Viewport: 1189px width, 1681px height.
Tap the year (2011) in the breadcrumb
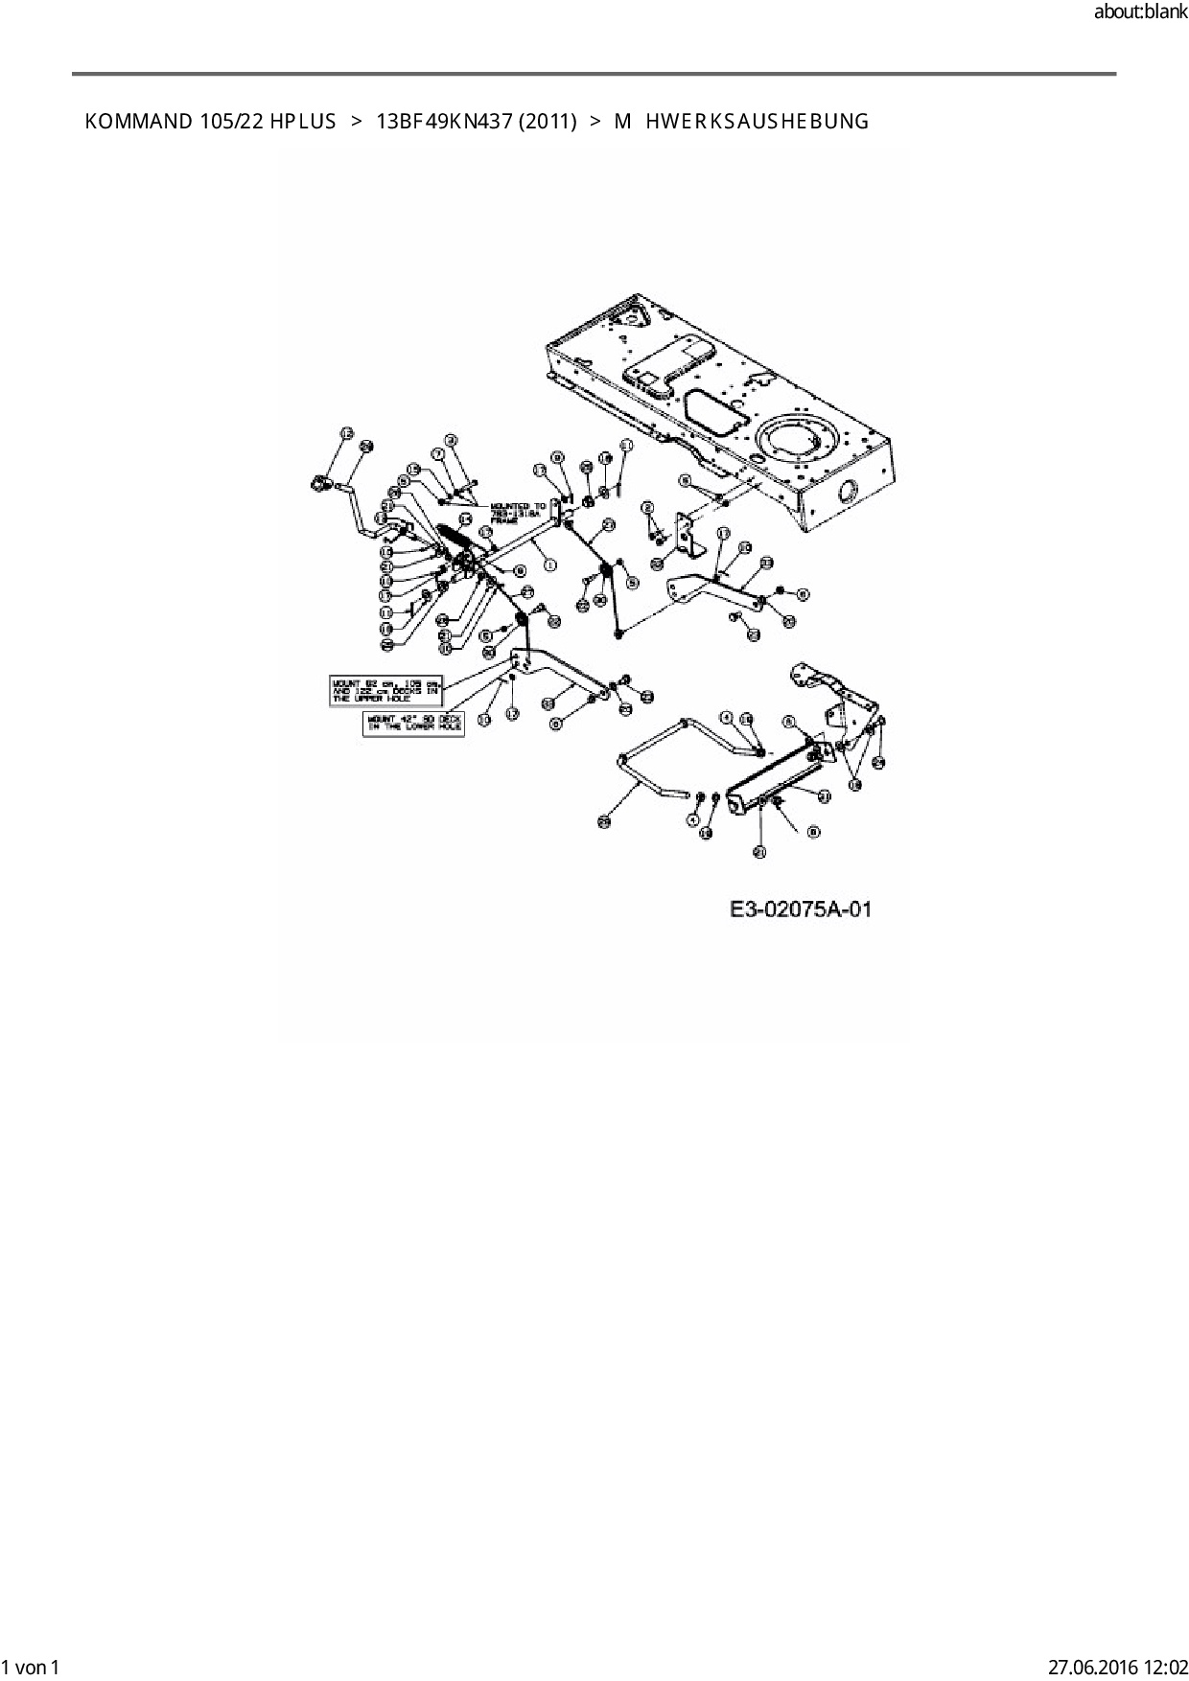547,122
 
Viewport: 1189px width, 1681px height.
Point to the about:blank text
1139,13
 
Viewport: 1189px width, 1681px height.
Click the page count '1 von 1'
31,1667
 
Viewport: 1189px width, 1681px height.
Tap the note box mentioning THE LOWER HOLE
412,723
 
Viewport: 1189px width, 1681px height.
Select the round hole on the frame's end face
850,493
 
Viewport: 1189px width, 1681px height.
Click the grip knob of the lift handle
319,485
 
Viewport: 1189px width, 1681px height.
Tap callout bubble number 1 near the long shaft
550,564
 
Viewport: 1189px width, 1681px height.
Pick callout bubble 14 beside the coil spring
465,518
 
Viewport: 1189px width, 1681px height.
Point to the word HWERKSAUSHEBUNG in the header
757,122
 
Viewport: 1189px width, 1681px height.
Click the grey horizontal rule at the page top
594,74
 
